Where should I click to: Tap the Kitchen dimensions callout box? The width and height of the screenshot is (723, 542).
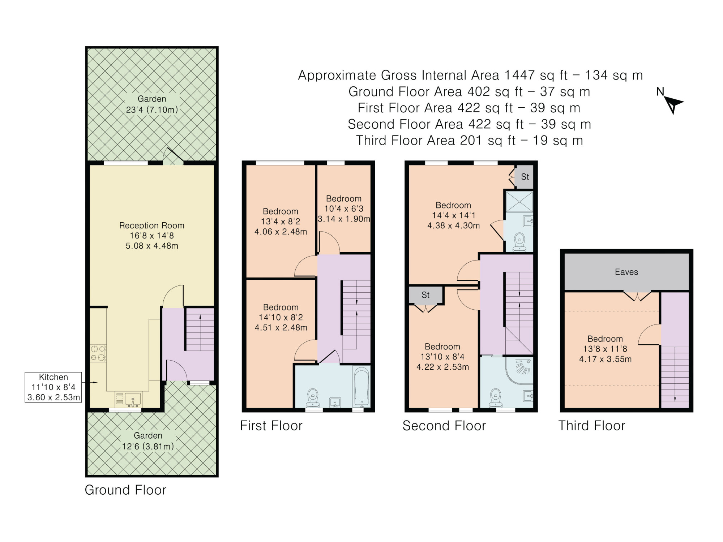pyautogui.click(x=53, y=387)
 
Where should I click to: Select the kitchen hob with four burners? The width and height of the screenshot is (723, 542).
pyautogui.click(x=98, y=353)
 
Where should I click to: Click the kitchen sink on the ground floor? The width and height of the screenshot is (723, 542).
pyautogui.click(x=133, y=400)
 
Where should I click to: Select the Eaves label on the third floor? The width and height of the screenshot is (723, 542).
pyautogui.click(x=626, y=272)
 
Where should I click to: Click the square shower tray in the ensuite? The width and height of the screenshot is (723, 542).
pyautogui.click(x=519, y=202)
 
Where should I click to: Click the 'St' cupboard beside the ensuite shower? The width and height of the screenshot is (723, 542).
pyautogui.click(x=524, y=177)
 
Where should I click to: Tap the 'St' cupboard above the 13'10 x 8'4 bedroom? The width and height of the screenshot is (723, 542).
pyautogui.click(x=426, y=295)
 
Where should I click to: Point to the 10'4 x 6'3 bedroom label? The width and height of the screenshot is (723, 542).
pyautogui.click(x=344, y=209)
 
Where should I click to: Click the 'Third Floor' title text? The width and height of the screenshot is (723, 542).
pyautogui.click(x=592, y=426)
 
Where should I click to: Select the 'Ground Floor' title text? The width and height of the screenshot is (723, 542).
pyautogui.click(x=125, y=490)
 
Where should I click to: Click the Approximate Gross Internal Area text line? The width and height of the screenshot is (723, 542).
pyautogui.click(x=470, y=75)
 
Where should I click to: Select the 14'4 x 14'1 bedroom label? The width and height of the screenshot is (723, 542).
pyautogui.click(x=454, y=215)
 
